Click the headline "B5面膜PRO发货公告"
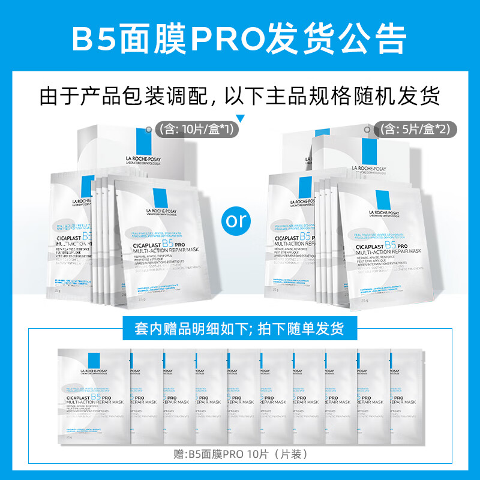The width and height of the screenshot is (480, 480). [x=240, y=38]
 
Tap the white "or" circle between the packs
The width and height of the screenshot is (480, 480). [x=237, y=220]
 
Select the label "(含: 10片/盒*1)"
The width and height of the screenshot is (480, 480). [x=193, y=128]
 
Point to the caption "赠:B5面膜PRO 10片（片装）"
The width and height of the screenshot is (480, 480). [x=240, y=454]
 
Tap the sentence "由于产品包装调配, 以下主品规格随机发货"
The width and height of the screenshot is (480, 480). [x=240, y=96]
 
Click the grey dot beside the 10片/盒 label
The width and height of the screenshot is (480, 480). [x=148, y=129]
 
